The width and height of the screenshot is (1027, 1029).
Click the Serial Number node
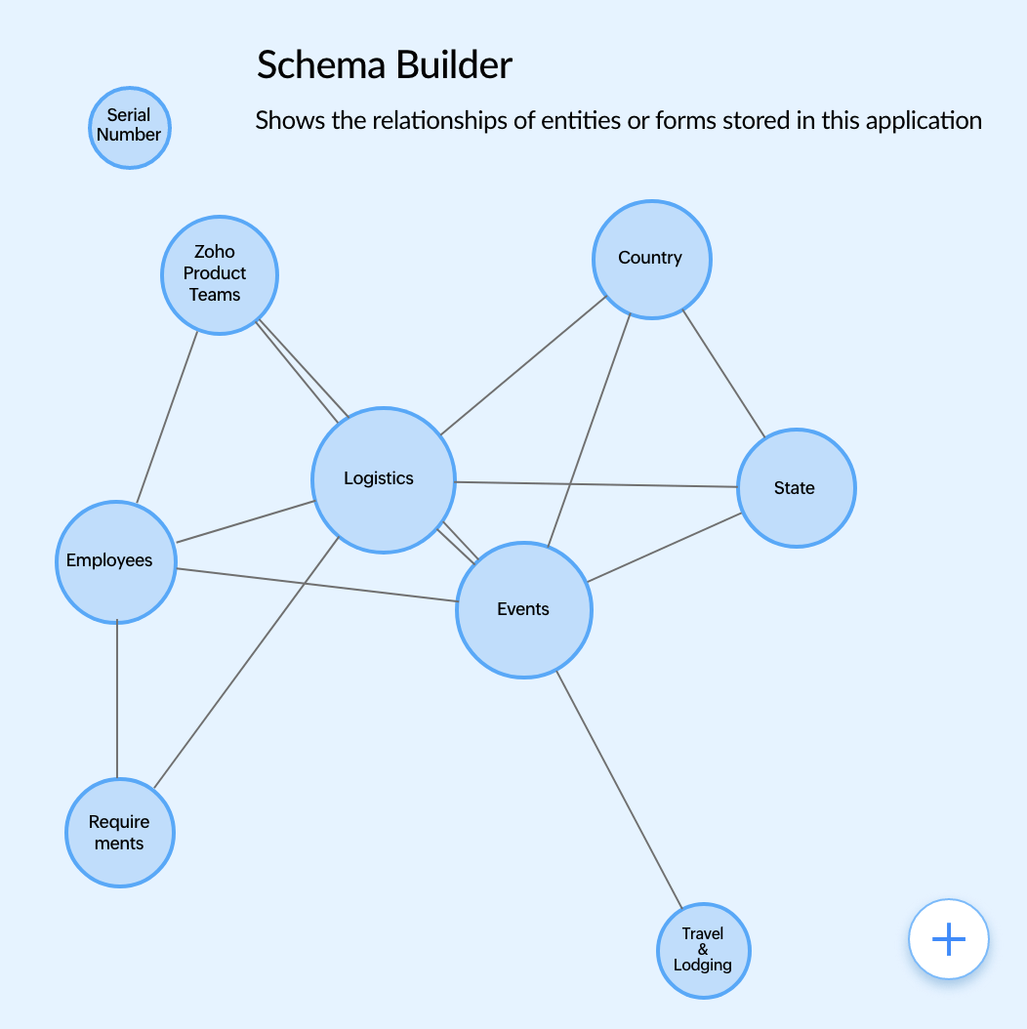coord(129,128)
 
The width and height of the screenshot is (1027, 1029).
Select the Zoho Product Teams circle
coord(219,274)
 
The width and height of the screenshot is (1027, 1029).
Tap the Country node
coord(651,259)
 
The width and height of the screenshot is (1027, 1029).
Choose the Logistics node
coord(383,479)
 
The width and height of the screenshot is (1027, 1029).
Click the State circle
coord(796,488)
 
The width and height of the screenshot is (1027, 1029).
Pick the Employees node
coord(116,561)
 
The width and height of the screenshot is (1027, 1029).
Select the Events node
coord(524,609)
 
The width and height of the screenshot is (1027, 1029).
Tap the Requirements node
coord(119,833)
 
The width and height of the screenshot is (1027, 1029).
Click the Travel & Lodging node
coord(703,950)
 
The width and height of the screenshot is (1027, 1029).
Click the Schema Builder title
coord(384,65)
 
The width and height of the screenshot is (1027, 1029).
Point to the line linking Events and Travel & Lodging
coord(617,789)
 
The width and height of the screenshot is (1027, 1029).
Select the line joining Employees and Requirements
coord(117,699)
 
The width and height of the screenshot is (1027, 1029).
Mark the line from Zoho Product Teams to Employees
coord(167,418)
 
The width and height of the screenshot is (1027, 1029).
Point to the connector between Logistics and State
coord(596,484)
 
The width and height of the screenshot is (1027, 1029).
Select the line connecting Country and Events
coord(589,430)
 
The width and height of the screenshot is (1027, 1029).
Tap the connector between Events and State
coord(664,546)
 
